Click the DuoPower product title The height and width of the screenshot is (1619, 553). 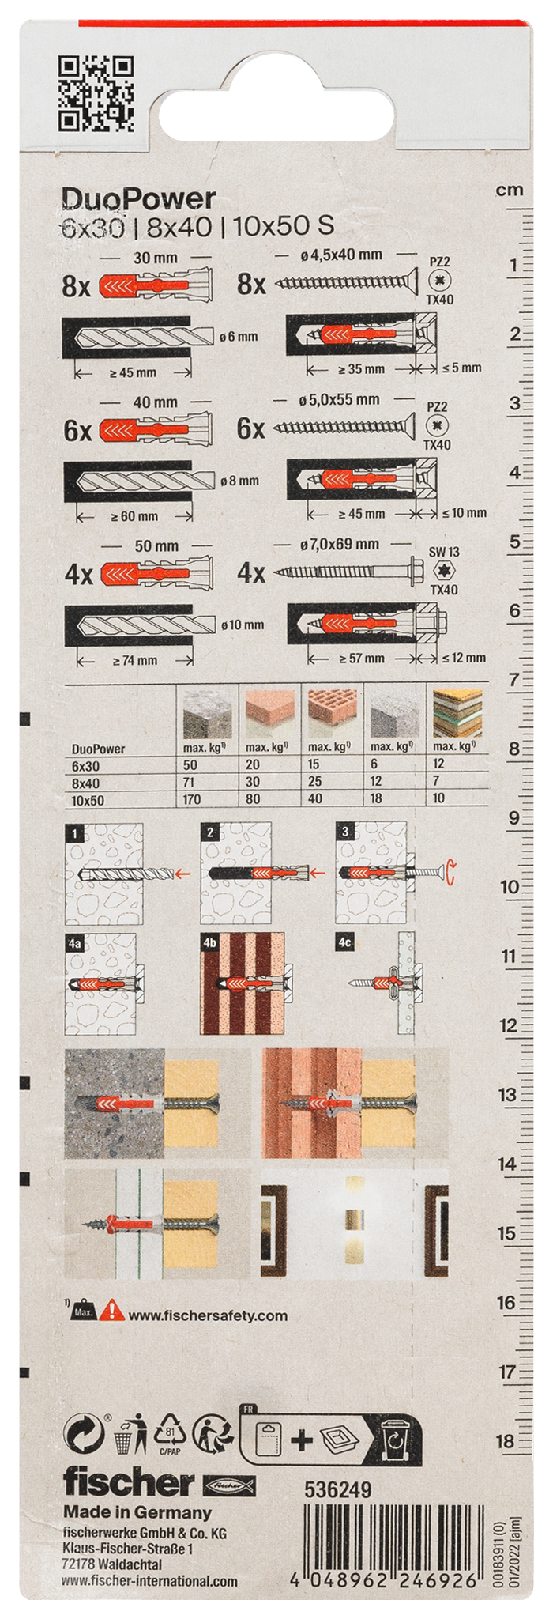pyautogui.click(x=139, y=199)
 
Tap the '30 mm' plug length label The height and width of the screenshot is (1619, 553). pyautogui.click(x=156, y=258)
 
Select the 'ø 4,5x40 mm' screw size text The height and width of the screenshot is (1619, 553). pyautogui.click(x=341, y=255)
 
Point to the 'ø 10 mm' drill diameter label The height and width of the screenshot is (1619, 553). pyautogui.click(x=243, y=625)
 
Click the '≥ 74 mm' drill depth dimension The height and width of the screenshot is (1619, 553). pyautogui.click(x=135, y=660)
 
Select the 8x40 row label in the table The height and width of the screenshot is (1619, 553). pyautogui.click(x=86, y=783)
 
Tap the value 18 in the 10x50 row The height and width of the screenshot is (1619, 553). pyautogui.click(x=377, y=798)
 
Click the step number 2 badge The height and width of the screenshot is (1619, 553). pyautogui.click(x=210, y=832)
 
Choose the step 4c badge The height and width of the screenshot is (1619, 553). pyautogui.click(x=344, y=943)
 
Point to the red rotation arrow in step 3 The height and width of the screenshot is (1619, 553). pyautogui.click(x=450, y=873)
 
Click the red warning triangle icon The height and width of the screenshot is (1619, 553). pyautogui.click(x=115, y=1311)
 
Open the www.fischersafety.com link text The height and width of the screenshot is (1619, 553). pyautogui.click(x=208, y=1316)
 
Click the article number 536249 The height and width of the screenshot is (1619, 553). pyautogui.click(x=338, y=1489)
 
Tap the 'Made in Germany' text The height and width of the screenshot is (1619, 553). pyautogui.click(x=137, y=1513)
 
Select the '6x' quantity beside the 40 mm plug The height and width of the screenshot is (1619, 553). pyautogui.click(x=77, y=431)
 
